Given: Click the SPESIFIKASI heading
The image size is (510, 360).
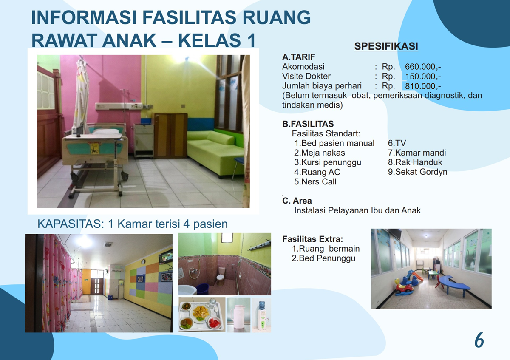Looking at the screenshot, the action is (x=386, y=46).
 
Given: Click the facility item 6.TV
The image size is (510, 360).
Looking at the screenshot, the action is (x=397, y=143).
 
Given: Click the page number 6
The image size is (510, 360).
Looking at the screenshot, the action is (x=479, y=340).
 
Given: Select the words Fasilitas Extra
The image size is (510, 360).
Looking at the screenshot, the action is (x=313, y=239).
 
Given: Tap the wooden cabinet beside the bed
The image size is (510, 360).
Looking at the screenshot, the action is (x=170, y=136).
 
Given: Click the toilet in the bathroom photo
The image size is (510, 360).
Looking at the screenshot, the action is (x=221, y=276).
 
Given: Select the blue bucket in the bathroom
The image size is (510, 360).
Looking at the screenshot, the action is (x=202, y=289).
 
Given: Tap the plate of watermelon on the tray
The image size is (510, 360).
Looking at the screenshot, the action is (x=214, y=323).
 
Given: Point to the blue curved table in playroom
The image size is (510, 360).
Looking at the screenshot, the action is (x=454, y=285).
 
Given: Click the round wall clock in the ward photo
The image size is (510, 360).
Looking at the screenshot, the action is (x=143, y=262).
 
